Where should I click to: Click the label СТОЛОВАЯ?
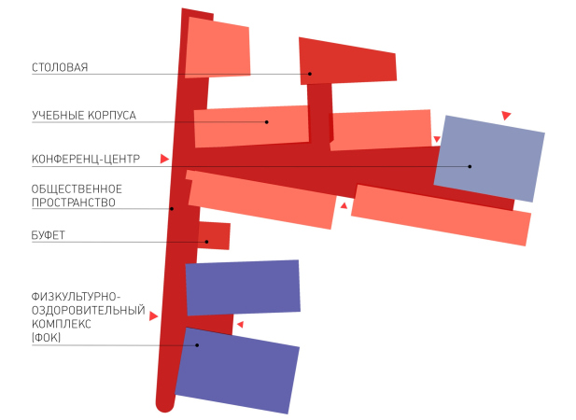pos(60,67)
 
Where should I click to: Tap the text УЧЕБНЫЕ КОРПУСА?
pos(84,116)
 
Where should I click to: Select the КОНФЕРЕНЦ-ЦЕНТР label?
pos(86,159)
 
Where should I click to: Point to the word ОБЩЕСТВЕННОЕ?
pos(77,189)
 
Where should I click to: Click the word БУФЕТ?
pos(49,235)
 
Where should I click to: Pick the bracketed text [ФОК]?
pos(46,337)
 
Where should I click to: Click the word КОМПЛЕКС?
pos(62,324)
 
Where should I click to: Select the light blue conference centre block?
pos(489,159)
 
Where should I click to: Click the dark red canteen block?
pos(347,62)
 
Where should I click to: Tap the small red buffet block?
pos(214,236)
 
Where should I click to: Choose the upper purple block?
pos(243,287)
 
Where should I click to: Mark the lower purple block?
pos(237,371)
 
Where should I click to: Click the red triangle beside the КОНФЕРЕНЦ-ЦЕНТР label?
pos(164,159)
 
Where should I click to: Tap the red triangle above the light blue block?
pos(506,116)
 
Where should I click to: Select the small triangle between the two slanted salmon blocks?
pos(344,205)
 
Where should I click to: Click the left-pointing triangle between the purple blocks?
pos(240,325)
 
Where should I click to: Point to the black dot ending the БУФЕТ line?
pos(206,242)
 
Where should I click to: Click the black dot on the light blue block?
pos(470,166)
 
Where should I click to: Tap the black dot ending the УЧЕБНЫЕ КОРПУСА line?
pos(267,122)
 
